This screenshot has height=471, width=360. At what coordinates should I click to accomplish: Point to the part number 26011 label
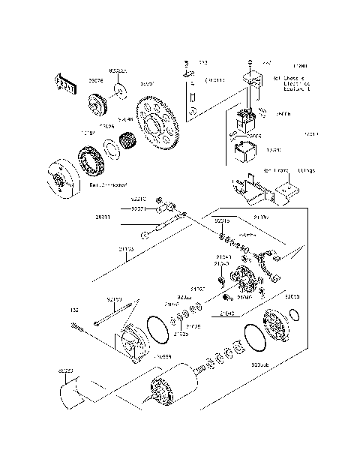pyautogui.click(x=103, y=217)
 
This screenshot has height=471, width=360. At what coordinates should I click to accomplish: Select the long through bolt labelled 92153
pyautogui.click(x=117, y=314)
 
